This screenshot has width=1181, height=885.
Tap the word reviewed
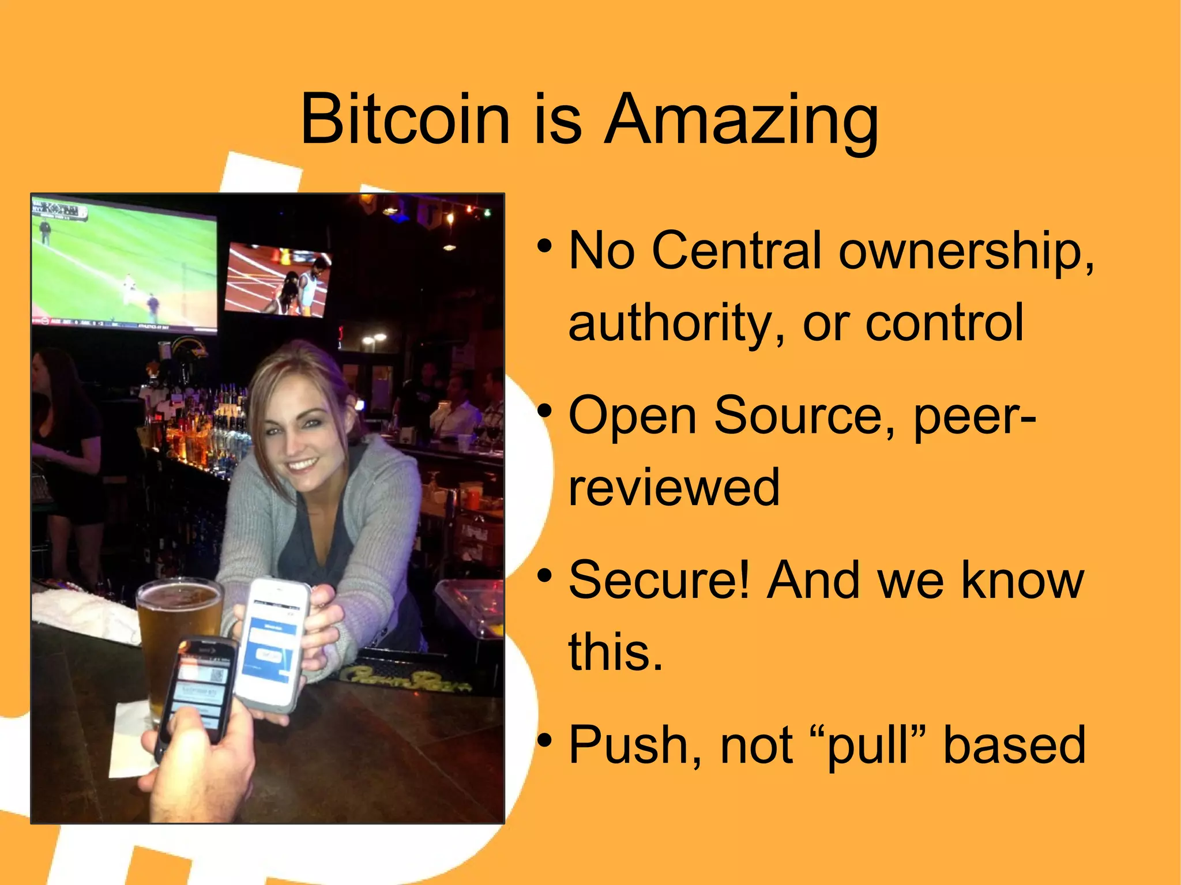[674, 487]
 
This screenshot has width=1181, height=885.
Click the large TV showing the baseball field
[124, 265]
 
